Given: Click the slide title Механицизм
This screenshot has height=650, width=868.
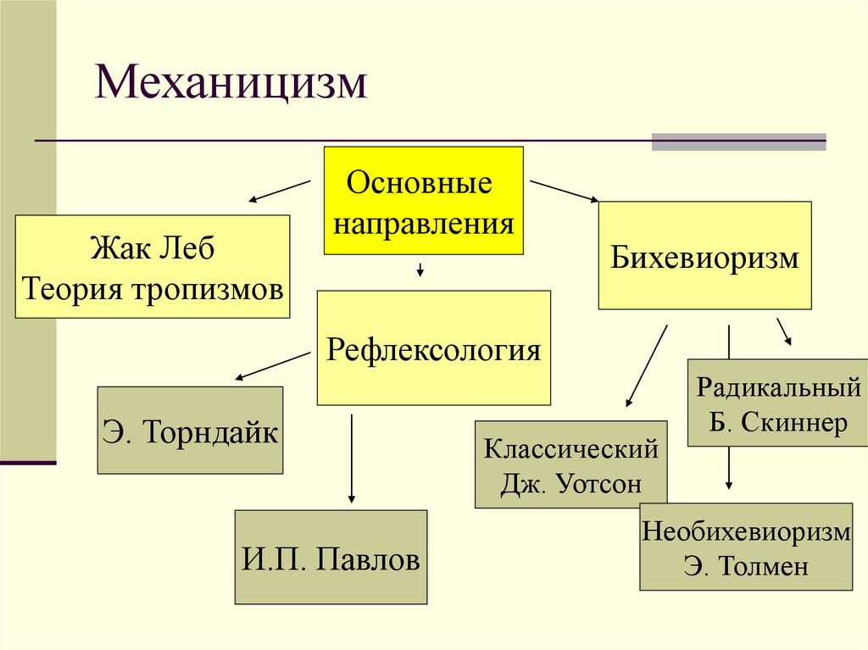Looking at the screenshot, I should (231, 85).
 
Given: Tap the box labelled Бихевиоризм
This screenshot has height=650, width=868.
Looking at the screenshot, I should (704, 255).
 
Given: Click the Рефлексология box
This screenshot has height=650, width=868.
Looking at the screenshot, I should (433, 347).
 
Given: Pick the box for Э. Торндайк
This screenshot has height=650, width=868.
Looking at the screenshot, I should (190, 431).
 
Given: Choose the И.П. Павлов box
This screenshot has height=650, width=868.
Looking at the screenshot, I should (331, 557).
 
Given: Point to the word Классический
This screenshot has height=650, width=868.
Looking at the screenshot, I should (570, 448).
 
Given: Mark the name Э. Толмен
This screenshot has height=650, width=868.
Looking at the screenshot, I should (746, 565).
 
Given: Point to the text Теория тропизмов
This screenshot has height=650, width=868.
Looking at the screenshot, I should (153, 289).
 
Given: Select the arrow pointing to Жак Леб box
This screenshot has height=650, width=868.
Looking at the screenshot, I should (279, 191).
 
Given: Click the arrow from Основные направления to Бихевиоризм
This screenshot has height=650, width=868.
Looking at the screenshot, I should (564, 191).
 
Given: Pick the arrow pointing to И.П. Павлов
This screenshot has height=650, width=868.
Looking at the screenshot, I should (352, 458).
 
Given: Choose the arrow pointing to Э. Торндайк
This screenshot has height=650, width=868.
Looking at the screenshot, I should (271, 365).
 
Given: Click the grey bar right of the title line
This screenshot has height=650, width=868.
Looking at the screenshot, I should (737, 142).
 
